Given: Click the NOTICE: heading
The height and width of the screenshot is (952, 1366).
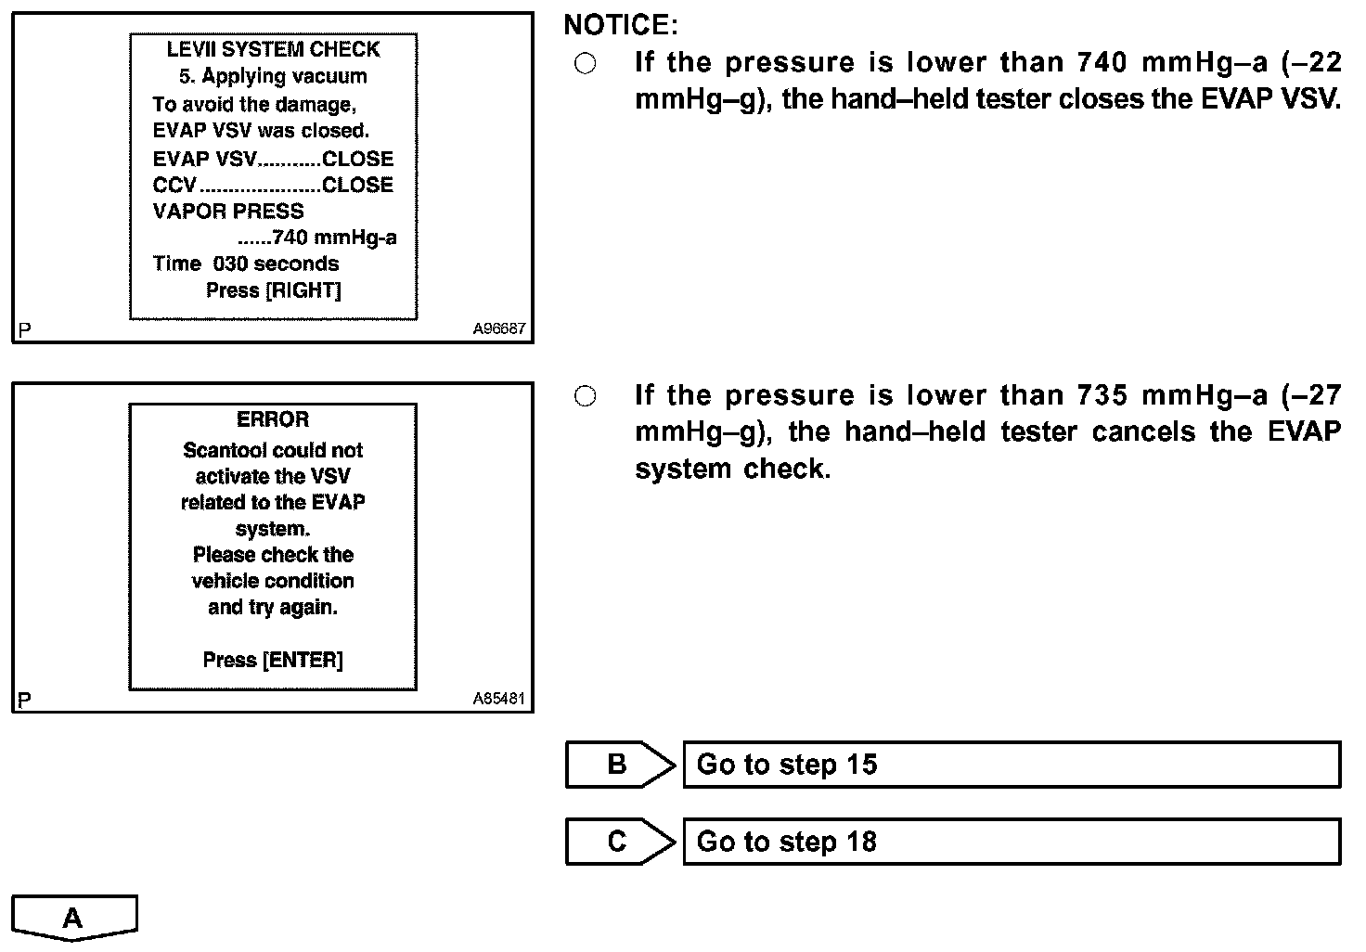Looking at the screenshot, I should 621,25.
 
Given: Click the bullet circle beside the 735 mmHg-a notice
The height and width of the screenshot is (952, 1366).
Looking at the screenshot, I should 586,396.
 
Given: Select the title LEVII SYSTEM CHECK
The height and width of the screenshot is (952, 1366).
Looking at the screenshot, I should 273,49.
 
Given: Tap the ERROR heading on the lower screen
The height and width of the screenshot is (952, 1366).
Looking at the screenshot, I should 273,419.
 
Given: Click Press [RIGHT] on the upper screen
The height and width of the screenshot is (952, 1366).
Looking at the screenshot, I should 273,290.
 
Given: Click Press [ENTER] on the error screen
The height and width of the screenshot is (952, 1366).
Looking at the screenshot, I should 273,660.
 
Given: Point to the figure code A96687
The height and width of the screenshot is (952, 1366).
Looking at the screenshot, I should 498,328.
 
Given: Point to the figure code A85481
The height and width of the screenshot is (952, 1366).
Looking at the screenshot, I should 498,699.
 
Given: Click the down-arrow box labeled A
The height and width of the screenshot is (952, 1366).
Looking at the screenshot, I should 74,918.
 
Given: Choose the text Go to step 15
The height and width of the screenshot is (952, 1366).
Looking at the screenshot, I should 787,765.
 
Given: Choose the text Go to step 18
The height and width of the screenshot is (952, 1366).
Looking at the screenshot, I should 787,842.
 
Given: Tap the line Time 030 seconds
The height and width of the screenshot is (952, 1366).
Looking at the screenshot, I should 246,264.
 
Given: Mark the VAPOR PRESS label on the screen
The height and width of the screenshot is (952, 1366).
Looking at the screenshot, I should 228,212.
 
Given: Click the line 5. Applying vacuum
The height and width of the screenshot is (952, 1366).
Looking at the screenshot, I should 273,76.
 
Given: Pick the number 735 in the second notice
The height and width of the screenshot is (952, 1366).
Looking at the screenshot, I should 1102,395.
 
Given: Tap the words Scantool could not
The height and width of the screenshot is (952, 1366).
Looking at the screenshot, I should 273,450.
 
